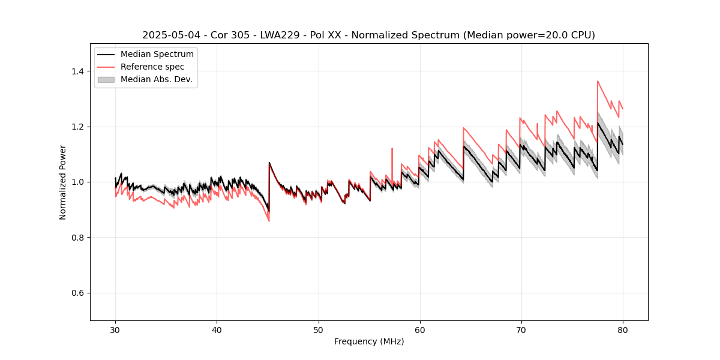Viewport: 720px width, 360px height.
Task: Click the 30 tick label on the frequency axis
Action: click(x=115, y=330)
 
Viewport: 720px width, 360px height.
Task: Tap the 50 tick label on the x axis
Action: click(x=319, y=330)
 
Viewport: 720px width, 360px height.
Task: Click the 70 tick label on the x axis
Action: click(x=521, y=330)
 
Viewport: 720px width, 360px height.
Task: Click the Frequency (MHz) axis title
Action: click(x=369, y=341)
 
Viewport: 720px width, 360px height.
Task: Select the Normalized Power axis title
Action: click(x=63, y=182)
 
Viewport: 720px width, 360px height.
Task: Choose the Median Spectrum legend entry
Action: click(x=157, y=55)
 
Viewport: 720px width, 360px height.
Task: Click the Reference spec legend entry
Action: click(x=152, y=67)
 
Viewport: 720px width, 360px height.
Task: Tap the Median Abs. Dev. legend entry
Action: click(x=156, y=79)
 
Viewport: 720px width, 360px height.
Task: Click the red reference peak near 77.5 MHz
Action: click(x=598, y=82)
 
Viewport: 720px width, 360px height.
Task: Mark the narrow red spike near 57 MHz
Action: click(x=392, y=148)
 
